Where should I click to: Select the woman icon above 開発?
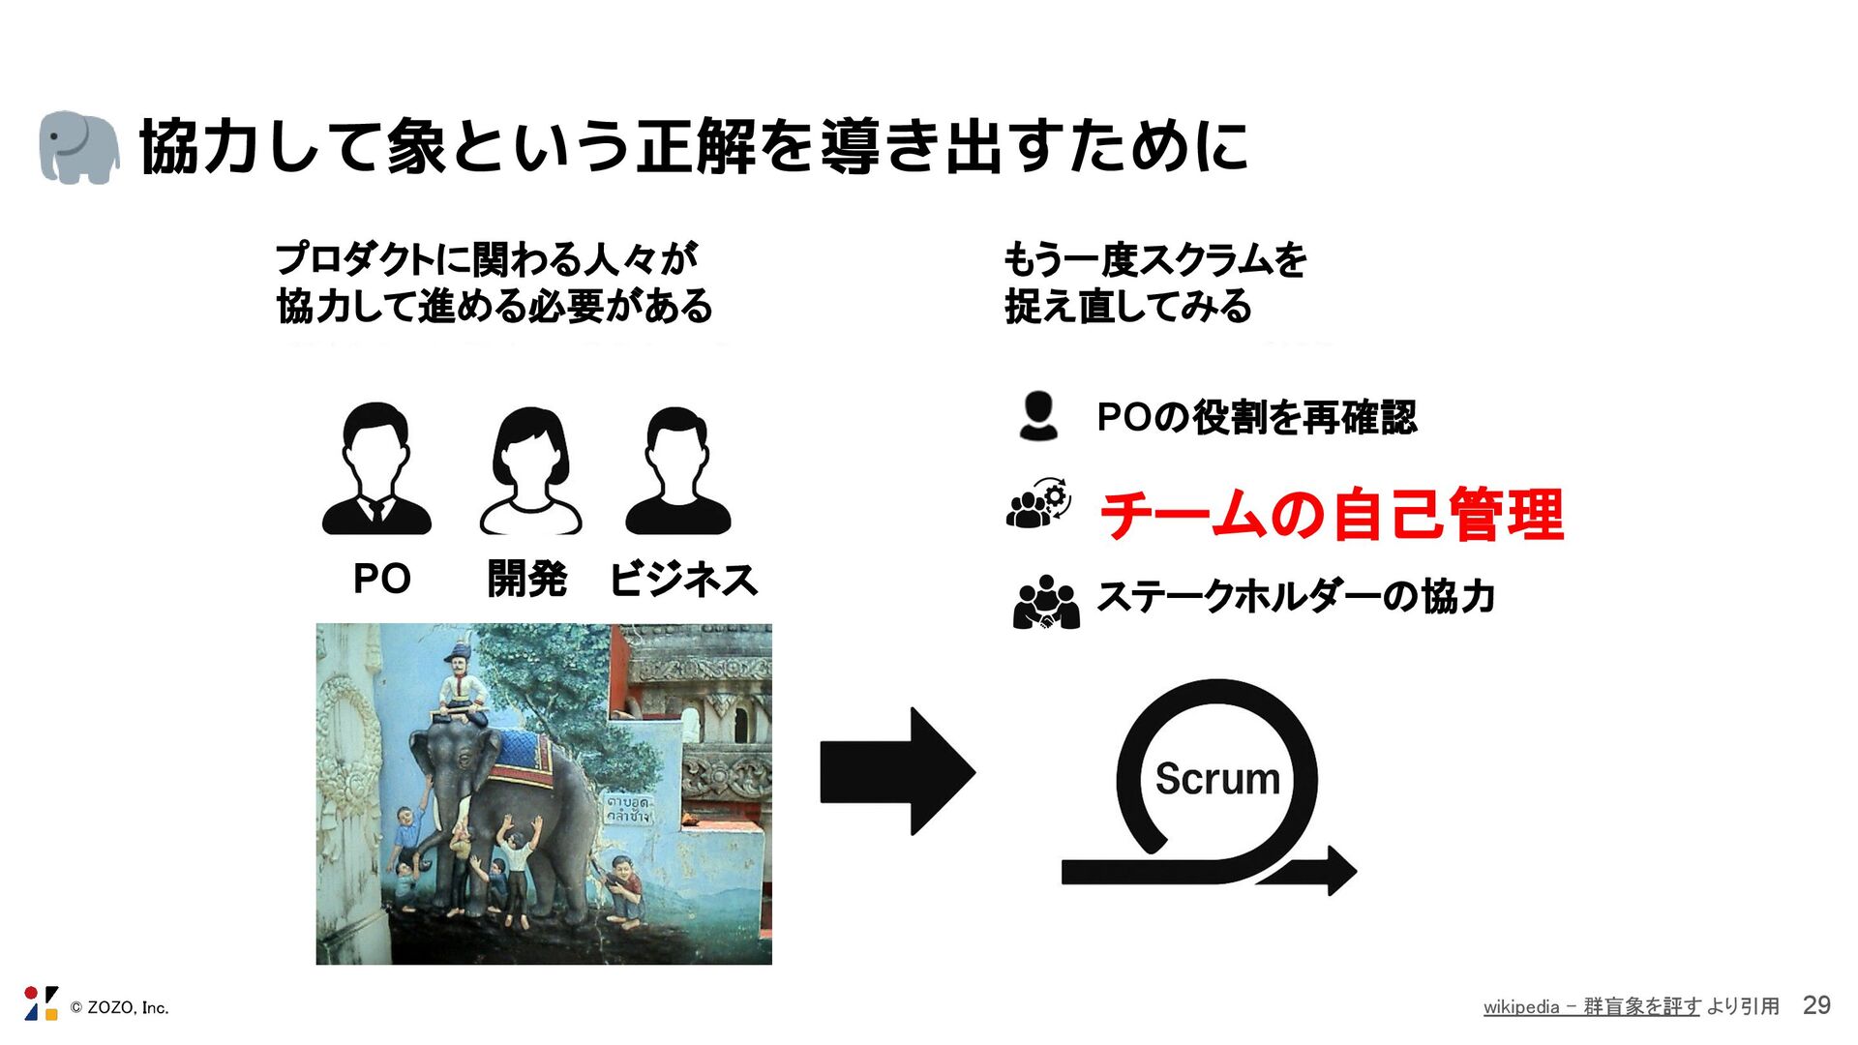pos(530,471)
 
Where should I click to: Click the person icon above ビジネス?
pos(677,471)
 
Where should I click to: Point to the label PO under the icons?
pos(381,579)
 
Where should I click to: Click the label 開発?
pos(526,579)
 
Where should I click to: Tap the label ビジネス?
pos(683,579)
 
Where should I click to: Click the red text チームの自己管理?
pos(1332,515)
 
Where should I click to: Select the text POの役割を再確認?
pos(1256,418)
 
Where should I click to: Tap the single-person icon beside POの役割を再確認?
pos(1038,417)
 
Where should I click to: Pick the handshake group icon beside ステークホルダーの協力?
pos(1045,603)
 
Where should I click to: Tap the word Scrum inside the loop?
pos(1217,779)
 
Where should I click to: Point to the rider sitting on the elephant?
pos(459,689)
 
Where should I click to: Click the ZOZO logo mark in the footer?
pos(41,1003)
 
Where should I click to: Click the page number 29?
pos(1816,1005)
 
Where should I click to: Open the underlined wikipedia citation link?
pos(1591,1006)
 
